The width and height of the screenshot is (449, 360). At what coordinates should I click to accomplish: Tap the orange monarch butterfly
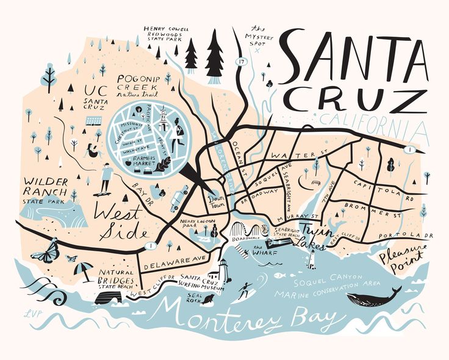click(x=46, y=251)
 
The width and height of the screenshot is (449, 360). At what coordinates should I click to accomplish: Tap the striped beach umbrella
click(x=83, y=268)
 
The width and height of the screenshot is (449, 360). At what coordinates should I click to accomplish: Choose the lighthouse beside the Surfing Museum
click(x=223, y=269)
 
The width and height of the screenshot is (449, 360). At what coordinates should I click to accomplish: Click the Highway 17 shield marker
click(x=242, y=61)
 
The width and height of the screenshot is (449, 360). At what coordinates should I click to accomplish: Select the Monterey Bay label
click(x=245, y=317)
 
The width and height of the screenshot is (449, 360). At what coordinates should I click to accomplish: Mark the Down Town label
click(x=218, y=201)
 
